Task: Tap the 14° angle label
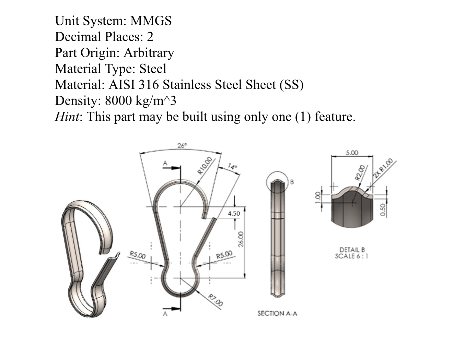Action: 232,167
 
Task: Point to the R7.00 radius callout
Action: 216,300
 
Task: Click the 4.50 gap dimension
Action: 234,213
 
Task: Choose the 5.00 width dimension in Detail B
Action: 352,153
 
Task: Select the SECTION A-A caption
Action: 277,313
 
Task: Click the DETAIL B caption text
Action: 352,250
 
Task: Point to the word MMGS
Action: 151,21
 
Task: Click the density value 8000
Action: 118,100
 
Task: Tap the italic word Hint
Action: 67,117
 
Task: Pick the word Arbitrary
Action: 149,53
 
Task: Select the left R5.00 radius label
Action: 137,255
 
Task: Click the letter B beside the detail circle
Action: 292,182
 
